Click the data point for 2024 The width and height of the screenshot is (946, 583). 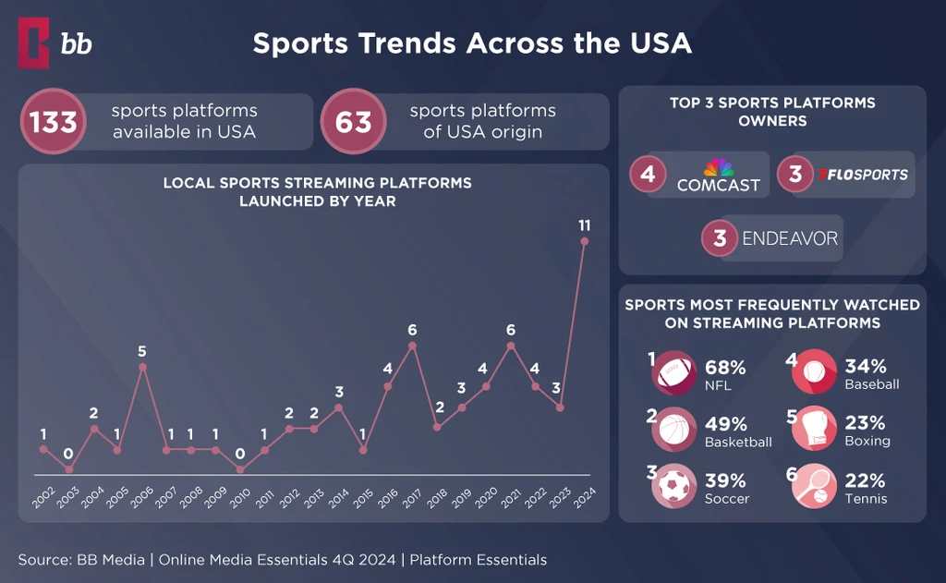584,241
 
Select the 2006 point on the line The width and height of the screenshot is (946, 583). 142,367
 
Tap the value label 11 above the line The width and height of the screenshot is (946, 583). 584,225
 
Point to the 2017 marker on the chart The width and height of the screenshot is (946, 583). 412,346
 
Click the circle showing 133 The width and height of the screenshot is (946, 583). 54,121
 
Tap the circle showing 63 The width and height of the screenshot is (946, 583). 352,121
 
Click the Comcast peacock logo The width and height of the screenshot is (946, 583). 718,168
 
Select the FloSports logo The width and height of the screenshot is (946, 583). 863,175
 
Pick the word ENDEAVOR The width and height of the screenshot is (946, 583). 790,238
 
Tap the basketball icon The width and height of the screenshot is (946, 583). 675,431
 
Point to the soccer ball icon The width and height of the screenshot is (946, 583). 675,486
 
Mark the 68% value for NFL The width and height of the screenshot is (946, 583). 725,368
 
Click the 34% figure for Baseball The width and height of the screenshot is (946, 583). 866,367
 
